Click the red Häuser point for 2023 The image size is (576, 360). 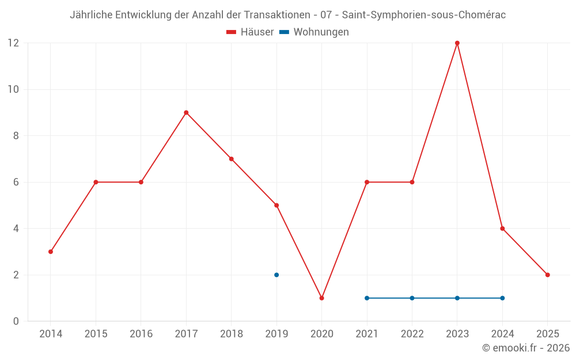click(x=457, y=43)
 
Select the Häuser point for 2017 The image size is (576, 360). click(x=186, y=112)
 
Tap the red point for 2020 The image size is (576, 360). click(x=321, y=298)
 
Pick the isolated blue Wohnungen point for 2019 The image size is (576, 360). click(x=276, y=275)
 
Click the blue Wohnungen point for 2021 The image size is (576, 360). click(x=367, y=298)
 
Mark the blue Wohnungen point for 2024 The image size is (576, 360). click(x=502, y=298)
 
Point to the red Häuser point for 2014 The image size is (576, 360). click(x=51, y=252)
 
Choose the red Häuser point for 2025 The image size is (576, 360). click(x=548, y=275)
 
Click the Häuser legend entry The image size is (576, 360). click(x=250, y=32)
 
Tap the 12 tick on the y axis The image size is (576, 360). click(x=13, y=43)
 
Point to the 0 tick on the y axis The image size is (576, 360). click(x=16, y=321)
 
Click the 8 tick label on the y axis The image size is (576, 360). click(x=16, y=136)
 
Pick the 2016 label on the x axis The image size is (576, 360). click(x=141, y=334)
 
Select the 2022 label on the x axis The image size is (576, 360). click(x=412, y=334)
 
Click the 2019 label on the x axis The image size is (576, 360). click(x=276, y=334)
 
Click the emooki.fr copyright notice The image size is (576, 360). click(x=526, y=348)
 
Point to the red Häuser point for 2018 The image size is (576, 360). click(x=232, y=159)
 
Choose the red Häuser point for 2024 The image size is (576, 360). click(x=502, y=229)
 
